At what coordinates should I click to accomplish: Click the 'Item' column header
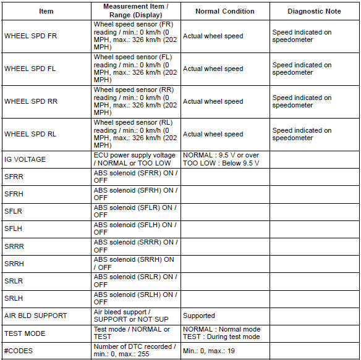click(46, 11)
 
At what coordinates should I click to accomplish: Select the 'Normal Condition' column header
click(224, 11)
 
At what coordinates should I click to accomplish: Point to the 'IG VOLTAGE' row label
click(25, 159)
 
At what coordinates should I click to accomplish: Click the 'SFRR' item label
click(14, 177)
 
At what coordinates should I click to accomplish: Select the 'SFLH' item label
click(14, 229)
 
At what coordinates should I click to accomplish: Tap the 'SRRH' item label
click(14, 264)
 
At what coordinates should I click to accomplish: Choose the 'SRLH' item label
click(14, 298)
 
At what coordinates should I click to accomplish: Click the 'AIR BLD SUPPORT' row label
click(35, 316)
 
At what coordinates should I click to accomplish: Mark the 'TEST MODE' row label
click(25, 333)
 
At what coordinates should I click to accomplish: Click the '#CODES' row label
click(19, 350)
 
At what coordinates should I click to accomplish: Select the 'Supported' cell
click(199, 316)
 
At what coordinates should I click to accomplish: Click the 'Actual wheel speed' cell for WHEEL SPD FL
click(213, 69)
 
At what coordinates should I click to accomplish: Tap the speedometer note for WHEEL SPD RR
click(302, 101)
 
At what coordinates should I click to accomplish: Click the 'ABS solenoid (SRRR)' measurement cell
click(135, 246)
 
